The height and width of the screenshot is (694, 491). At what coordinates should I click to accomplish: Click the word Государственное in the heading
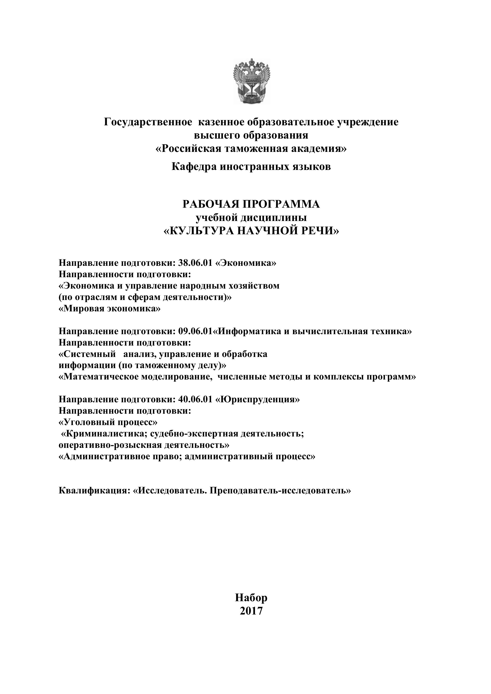[x=148, y=122]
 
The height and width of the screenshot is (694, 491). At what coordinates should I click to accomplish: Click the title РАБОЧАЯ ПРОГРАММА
[x=251, y=204]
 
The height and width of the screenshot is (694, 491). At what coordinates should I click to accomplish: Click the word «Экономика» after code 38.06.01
[x=245, y=263]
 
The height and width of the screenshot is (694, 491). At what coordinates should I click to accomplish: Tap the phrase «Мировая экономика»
[x=109, y=309]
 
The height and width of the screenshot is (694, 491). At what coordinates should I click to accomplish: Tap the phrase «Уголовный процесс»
[x=108, y=422]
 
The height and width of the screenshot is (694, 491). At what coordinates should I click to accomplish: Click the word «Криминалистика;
[x=104, y=434]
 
